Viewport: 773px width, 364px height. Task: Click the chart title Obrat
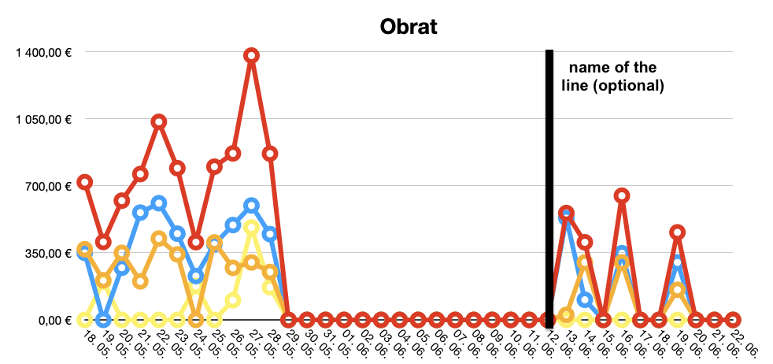click(x=409, y=26)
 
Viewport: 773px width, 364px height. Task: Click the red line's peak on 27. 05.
click(x=252, y=55)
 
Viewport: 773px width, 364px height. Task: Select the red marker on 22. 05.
click(x=159, y=121)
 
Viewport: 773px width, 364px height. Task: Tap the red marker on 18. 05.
click(x=85, y=182)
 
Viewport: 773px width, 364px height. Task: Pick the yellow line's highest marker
click(x=252, y=228)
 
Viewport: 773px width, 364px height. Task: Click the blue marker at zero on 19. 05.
click(x=103, y=320)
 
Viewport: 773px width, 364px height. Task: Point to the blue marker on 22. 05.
click(x=159, y=203)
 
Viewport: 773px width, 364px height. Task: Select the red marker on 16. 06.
click(x=622, y=195)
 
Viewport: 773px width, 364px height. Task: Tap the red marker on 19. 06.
click(x=678, y=232)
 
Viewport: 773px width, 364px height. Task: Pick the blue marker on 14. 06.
click(x=585, y=299)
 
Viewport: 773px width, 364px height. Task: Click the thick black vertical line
click(x=549, y=189)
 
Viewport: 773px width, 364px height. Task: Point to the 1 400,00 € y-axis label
click(x=43, y=52)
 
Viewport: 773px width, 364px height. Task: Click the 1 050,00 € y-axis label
click(x=43, y=119)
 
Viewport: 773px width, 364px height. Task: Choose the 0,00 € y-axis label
click(x=52, y=320)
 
